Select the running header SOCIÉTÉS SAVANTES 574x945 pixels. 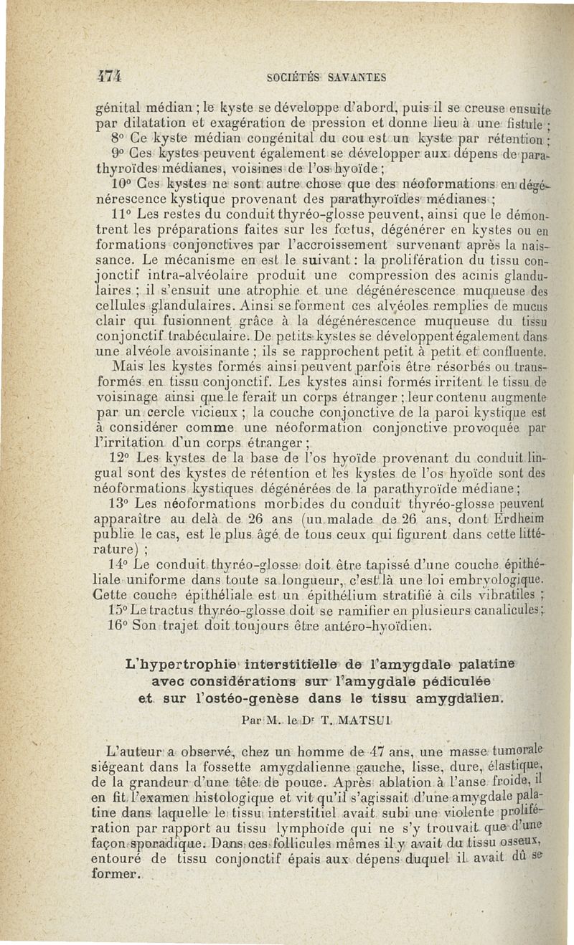pos(326,77)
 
